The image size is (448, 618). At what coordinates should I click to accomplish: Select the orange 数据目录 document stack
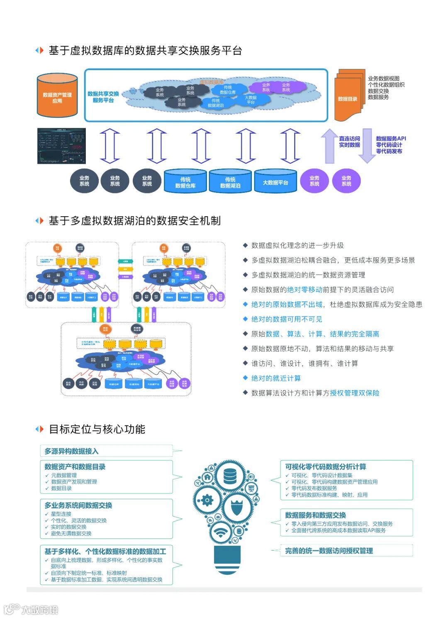point(348,97)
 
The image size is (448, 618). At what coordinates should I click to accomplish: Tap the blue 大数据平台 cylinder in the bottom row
point(275,182)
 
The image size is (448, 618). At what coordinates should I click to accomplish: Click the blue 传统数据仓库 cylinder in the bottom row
point(185,182)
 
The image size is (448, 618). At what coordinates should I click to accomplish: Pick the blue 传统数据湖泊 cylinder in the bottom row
point(230,182)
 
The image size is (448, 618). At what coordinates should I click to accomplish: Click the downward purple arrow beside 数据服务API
point(367,145)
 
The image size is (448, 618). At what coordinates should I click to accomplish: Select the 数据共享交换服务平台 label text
point(103,97)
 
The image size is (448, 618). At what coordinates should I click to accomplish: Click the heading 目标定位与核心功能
point(97,429)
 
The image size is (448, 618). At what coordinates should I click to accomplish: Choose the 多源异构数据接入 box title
point(72,451)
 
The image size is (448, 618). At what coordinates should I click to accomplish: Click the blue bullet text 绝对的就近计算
point(276,378)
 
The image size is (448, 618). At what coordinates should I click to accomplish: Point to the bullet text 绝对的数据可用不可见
point(287,319)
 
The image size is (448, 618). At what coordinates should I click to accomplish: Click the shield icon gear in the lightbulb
point(236,507)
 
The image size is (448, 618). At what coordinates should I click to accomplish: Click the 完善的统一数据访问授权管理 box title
point(329,551)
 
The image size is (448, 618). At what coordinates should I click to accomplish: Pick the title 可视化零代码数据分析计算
point(326,467)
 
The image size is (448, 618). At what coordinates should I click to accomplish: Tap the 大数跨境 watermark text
point(40,609)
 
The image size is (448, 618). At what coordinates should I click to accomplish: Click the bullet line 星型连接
point(61,514)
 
